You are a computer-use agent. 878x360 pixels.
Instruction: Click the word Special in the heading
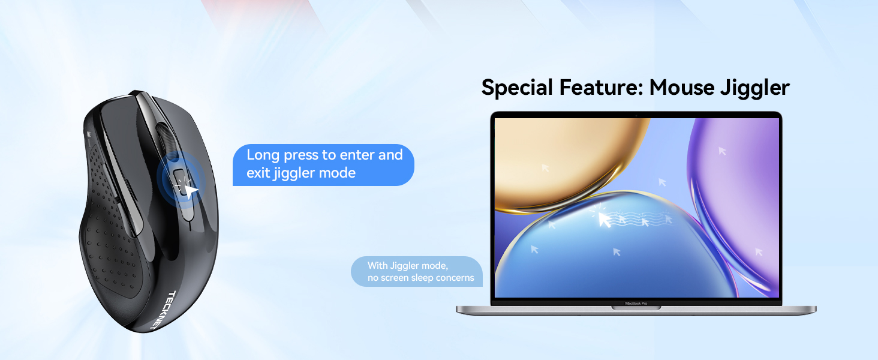pos(517,88)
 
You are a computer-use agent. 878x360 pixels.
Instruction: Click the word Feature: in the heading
pos(602,88)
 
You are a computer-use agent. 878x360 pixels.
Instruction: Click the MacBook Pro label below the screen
pos(636,303)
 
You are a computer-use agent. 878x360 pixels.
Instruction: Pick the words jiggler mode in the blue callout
pos(314,173)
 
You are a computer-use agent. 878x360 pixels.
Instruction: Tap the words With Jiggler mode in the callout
pos(408,266)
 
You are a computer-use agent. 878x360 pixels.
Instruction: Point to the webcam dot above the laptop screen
pos(636,115)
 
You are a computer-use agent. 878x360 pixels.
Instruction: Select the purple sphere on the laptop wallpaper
pos(737,196)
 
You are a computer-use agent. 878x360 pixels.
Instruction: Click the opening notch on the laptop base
pos(636,308)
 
